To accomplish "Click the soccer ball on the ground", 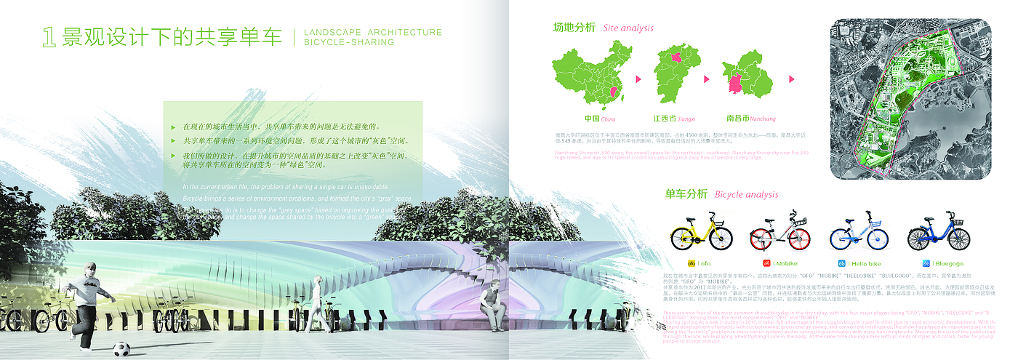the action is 122,348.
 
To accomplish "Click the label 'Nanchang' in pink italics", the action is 761,119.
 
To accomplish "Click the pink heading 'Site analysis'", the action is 628,28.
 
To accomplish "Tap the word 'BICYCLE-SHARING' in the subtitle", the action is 349,43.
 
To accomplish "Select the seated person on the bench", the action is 492,300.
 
